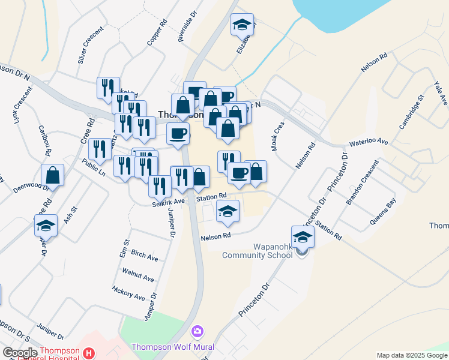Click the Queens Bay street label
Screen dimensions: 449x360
pos(382,211)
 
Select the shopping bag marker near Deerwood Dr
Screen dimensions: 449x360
pos(53,176)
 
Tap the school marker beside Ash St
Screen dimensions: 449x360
pos(46,226)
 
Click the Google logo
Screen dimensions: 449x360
pos(20,353)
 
